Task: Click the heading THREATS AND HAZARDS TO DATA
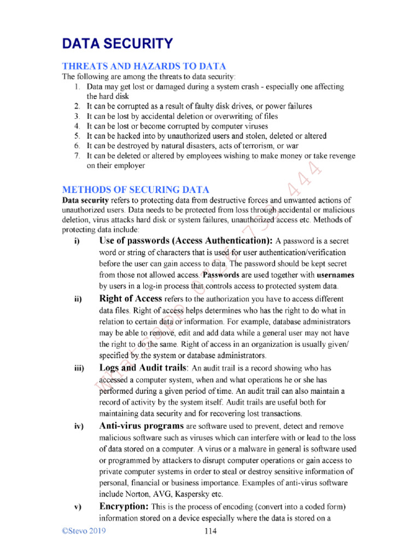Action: pyautogui.click(x=144, y=66)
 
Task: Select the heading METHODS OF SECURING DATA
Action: pyautogui.click(x=135, y=190)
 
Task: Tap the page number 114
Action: pyautogui.click(x=211, y=531)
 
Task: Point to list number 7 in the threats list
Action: pyautogui.click(x=77, y=156)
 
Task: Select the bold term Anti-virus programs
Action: pyautogui.click(x=141, y=425)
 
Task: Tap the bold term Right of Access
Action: pyautogui.click(x=130, y=299)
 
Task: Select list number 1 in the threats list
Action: pyautogui.click(x=77, y=86)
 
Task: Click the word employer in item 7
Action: pyautogui.click(x=130, y=166)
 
